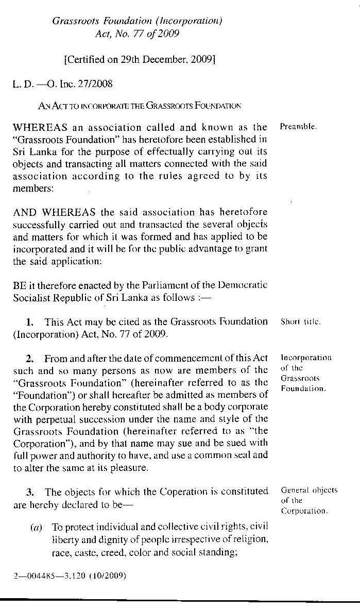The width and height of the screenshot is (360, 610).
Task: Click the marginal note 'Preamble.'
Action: click(x=299, y=126)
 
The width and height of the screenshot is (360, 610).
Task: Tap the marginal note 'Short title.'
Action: click(x=301, y=321)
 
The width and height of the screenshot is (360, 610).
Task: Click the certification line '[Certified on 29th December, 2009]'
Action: click(x=139, y=59)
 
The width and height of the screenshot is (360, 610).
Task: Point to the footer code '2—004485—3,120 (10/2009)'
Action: click(x=70, y=575)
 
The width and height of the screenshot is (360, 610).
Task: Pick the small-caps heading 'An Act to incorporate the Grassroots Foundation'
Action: click(x=139, y=106)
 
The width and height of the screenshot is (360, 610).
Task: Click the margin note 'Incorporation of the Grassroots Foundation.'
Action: click(x=306, y=373)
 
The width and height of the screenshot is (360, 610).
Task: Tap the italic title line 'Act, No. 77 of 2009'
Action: click(x=137, y=34)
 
